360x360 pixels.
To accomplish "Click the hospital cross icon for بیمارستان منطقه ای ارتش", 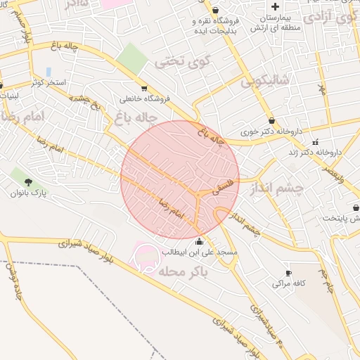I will coord(284,6).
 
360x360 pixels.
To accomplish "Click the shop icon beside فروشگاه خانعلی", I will coord(145,89).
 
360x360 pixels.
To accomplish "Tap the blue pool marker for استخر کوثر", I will coord(48,72).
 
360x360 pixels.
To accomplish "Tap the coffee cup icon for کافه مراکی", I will coord(288,273).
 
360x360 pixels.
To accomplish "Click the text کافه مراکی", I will coord(288,283).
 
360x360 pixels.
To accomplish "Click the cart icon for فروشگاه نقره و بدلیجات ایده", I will coord(194,21).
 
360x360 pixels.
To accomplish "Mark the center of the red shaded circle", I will coord(180,179).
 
